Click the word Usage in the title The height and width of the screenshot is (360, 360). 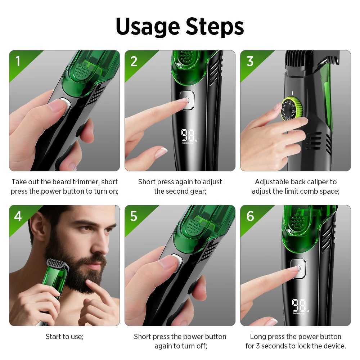147,27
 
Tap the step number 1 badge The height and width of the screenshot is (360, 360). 18,62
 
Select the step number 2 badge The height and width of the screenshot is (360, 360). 134,62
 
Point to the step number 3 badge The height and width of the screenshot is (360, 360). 250,62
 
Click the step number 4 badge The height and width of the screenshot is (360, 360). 18,216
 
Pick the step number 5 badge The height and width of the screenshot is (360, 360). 134,216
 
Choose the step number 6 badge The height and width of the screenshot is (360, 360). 250,216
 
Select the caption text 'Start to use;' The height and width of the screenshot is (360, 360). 64,337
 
